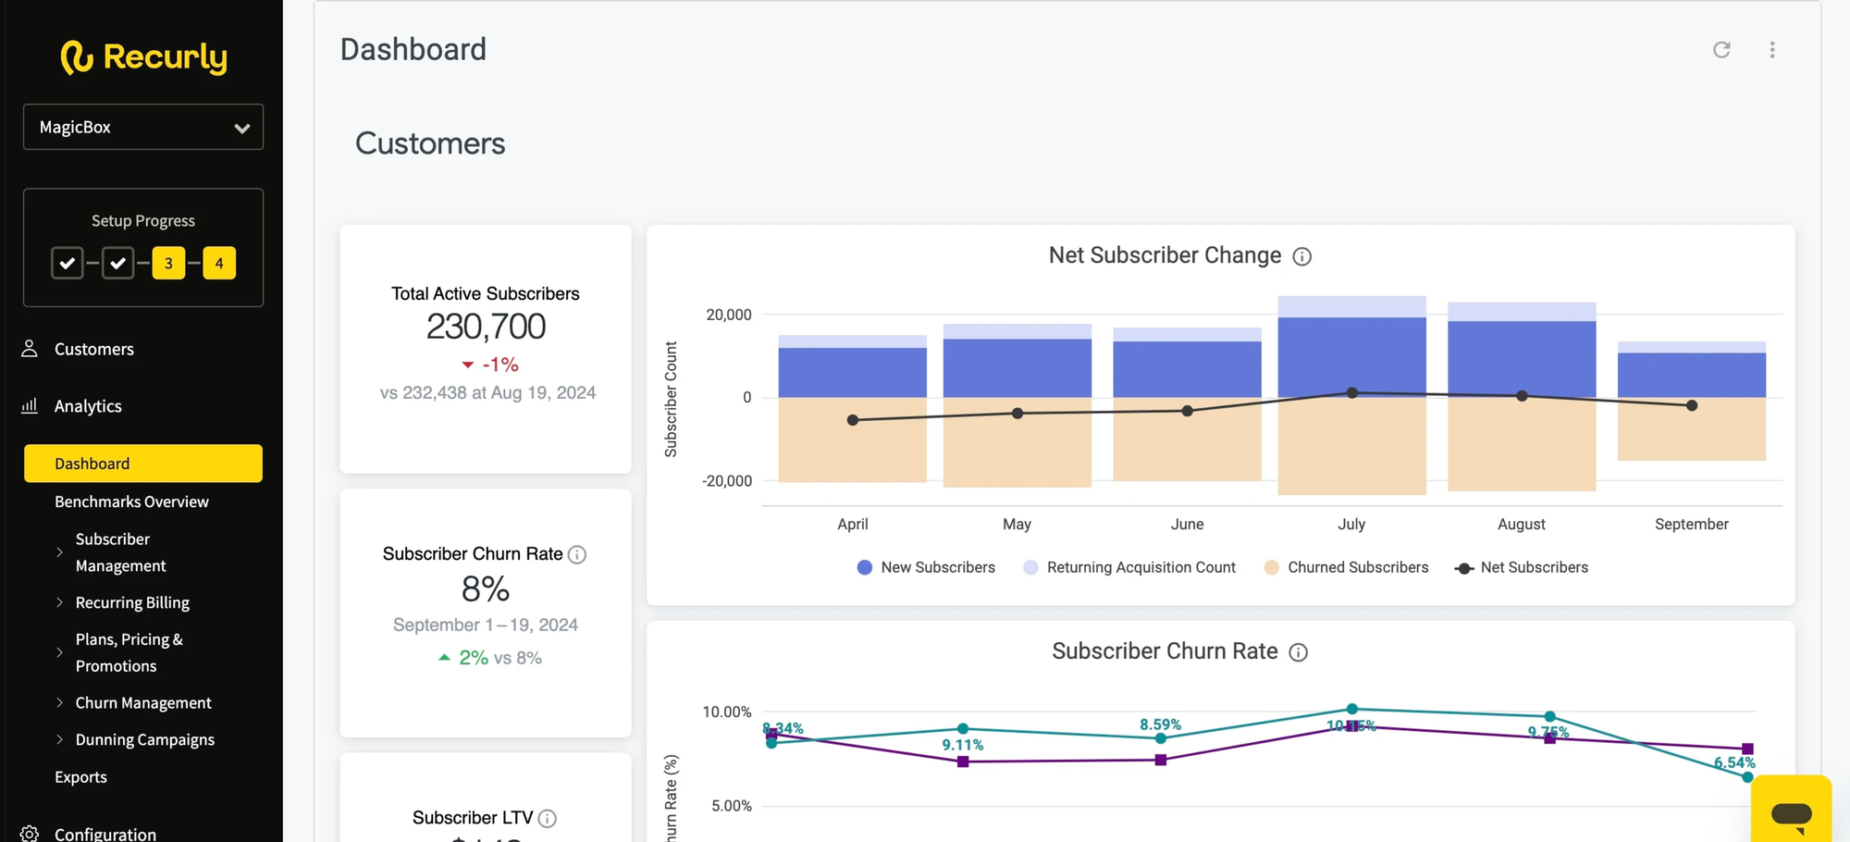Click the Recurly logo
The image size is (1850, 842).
(143, 57)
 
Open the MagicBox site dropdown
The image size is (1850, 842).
(143, 127)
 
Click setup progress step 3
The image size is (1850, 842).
(168, 264)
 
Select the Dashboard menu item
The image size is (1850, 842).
(143, 464)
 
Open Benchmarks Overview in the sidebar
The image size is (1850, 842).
(131, 501)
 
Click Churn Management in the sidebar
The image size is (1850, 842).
(143, 703)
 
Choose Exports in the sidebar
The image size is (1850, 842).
(80, 777)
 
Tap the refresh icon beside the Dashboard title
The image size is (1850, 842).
(1721, 50)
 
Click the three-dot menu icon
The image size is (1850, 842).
(1772, 50)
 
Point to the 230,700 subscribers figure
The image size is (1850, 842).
(486, 327)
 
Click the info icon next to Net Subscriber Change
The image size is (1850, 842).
(1301, 256)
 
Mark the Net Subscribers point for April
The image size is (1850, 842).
(853, 420)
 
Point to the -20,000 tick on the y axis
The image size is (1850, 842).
(727, 481)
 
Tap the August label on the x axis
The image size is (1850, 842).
(1521, 525)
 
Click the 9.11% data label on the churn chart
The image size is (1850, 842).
(963, 745)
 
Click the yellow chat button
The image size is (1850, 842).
(1791, 812)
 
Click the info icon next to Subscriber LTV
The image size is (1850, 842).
(548, 819)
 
